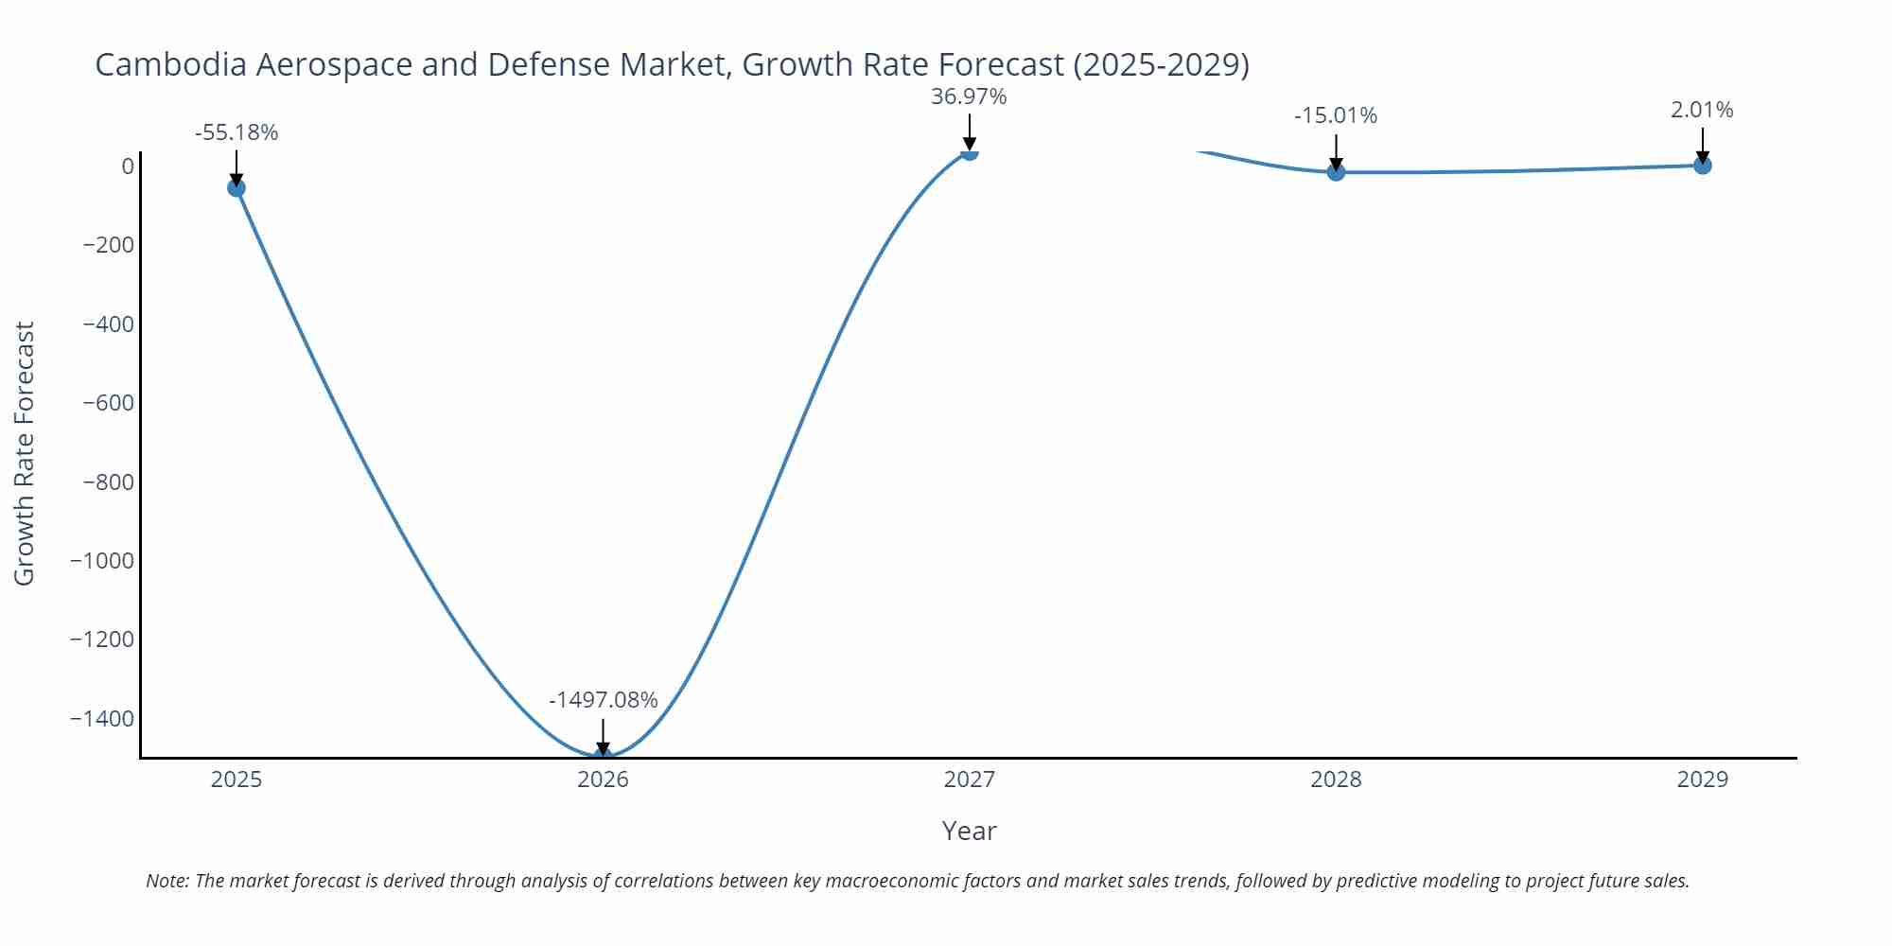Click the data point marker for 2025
coord(236,187)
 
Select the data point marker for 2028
coord(1336,171)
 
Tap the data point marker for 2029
coord(1702,165)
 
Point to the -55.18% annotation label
coord(236,132)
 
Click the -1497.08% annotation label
coord(603,700)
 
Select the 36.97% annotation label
coord(969,96)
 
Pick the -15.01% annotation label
coord(1336,115)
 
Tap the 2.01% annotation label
coord(1702,110)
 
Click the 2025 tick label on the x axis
coord(236,780)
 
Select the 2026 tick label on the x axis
coord(603,780)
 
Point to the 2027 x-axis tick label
coord(969,780)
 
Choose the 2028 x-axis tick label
coord(1336,780)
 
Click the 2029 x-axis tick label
coord(1702,780)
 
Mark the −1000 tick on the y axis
coord(102,560)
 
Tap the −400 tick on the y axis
coord(108,324)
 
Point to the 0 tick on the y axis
coord(127,166)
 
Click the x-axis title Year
coord(969,831)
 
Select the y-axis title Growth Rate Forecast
coord(25,453)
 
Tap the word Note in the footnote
coord(166,881)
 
